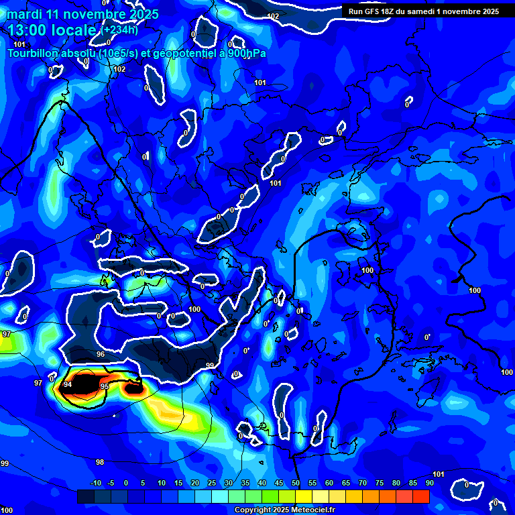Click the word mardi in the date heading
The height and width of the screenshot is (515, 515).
(x=23, y=14)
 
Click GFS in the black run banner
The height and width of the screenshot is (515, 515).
(x=381, y=11)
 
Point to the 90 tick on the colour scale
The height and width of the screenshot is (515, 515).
(x=429, y=483)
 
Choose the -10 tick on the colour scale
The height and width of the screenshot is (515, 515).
(x=95, y=483)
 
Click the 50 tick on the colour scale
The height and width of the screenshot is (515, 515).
(x=296, y=483)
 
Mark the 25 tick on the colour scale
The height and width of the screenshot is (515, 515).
(x=212, y=483)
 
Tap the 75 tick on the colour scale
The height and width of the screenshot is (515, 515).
(x=380, y=483)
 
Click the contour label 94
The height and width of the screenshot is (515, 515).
(x=68, y=384)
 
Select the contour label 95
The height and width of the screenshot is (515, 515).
(x=104, y=387)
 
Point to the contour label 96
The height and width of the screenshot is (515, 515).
(x=101, y=354)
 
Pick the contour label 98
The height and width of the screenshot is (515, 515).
(x=100, y=462)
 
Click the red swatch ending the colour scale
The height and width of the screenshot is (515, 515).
(x=421, y=497)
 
